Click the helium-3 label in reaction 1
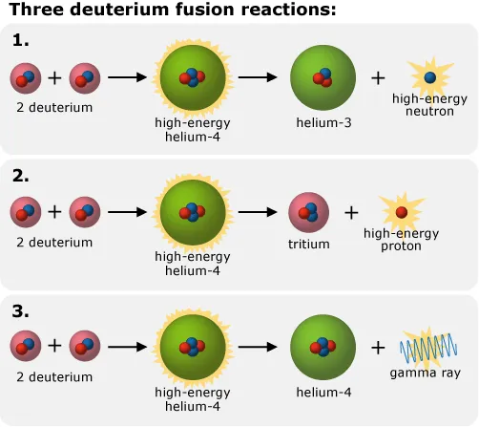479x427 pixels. tap(323, 122)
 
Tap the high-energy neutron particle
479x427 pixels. tap(430, 77)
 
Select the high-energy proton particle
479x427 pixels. tap(402, 212)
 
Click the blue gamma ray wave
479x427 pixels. tap(428, 349)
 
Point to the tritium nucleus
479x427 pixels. tap(309, 212)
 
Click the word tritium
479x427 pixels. tap(309, 245)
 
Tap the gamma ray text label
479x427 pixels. tap(426, 373)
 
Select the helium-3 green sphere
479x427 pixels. tap(323, 77)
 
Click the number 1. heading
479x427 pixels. tap(21, 40)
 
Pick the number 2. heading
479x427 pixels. tap(21, 176)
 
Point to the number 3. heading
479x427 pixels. tap(21, 311)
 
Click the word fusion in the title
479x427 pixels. tap(206, 9)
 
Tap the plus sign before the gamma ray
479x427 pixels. tap(378, 348)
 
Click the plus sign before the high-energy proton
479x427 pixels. tap(351, 212)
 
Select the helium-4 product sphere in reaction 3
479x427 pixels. tap(323, 347)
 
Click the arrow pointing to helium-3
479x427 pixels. tap(258, 77)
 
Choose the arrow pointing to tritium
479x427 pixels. tap(258, 212)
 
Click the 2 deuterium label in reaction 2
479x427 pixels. tap(54, 243)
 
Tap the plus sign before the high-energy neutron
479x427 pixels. tap(378, 78)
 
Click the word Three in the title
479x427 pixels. tap(37, 9)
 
